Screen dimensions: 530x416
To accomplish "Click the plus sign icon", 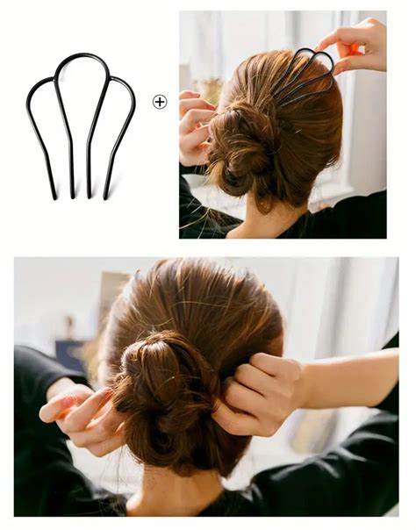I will click(x=159, y=102).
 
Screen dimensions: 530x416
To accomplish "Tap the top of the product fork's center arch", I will click(x=81, y=55).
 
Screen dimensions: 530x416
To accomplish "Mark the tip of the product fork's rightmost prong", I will click(x=106, y=197).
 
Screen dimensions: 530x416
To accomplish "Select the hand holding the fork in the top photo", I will click(x=355, y=44).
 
